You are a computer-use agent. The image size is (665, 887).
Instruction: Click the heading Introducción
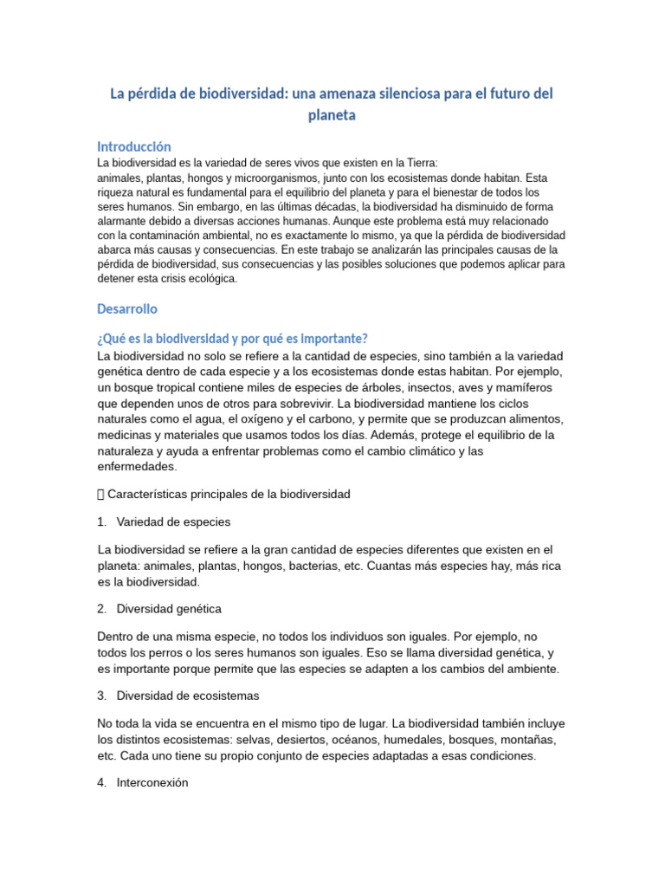click(134, 146)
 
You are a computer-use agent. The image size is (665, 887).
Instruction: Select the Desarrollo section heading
click(127, 308)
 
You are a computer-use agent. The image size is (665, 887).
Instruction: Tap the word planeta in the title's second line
click(332, 114)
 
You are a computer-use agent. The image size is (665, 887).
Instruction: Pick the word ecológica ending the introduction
click(207, 279)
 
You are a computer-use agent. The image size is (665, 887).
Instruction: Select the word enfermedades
click(138, 466)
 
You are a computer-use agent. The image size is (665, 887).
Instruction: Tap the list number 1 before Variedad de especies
click(101, 522)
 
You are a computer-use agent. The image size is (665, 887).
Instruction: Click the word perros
click(160, 653)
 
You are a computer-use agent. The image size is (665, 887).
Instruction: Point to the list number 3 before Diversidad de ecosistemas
click(101, 696)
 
